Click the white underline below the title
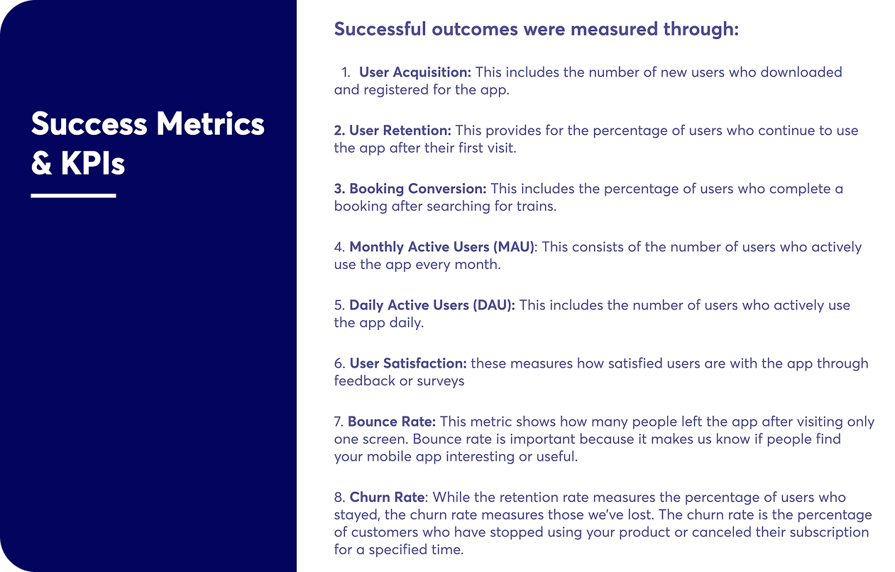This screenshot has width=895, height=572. pos(74,196)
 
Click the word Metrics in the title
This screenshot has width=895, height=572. pos(210,123)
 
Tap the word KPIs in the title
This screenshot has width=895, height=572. pos(93,163)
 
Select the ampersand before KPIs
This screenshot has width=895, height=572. pos(42,164)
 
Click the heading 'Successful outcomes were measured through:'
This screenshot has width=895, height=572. pos(536,29)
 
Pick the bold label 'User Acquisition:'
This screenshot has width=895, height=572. pos(415,72)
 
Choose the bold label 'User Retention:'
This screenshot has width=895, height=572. pos(392,130)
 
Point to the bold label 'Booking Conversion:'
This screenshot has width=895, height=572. pos(410,189)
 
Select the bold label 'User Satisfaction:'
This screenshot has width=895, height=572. pos(408,363)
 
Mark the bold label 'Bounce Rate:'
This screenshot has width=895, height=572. pos(392,422)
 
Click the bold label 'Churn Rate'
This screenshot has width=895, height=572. pos(387,497)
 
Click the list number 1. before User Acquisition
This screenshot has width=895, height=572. pos(346,72)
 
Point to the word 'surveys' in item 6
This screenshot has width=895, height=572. pos(440,381)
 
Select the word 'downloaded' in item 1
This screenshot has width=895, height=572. pos(801,72)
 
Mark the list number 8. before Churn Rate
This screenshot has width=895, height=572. pos(340,497)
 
